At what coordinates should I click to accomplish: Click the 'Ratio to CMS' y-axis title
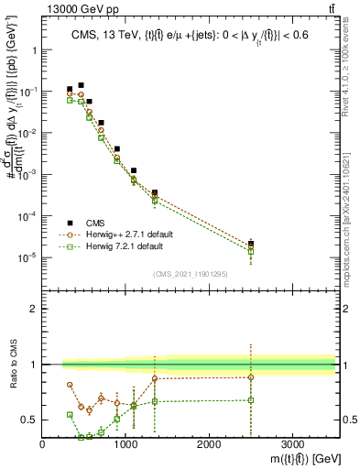click(x=11, y=365)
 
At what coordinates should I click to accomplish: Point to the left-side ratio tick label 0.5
click(x=29, y=420)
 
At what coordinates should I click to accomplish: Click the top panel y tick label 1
click(x=33, y=50)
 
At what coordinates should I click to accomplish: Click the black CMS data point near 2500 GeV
click(x=250, y=244)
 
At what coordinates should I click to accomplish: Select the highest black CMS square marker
click(x=81, y=85)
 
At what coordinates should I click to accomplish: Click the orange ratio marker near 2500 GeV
click(x=250, y=377)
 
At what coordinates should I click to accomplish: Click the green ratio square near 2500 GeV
click(x=250, y=400)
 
